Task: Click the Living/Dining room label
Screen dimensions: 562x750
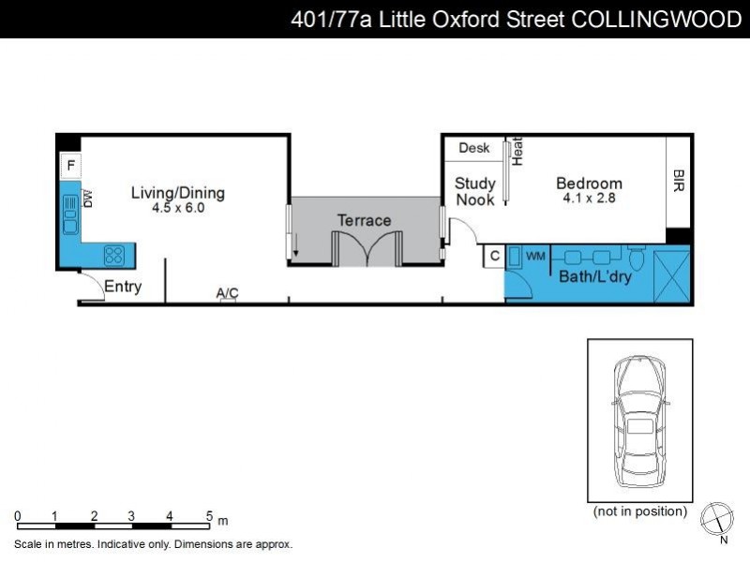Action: [177, 194]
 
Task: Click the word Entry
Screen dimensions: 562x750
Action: [123, 287]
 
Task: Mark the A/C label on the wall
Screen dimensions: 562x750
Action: [228, 294]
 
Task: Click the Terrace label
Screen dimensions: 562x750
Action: [365, 220]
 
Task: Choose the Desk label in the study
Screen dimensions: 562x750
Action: [474, 148]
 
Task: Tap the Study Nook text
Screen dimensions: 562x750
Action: [475, 192]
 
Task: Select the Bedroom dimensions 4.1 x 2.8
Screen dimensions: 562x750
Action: [589, 199]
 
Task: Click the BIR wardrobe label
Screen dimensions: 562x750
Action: [679, 181]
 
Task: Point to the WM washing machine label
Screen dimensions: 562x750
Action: [535, 256]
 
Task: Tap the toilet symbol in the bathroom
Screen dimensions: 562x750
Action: [637, 258]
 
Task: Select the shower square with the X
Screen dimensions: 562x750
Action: [671, 275]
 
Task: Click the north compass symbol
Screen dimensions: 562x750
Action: [717, 518]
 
